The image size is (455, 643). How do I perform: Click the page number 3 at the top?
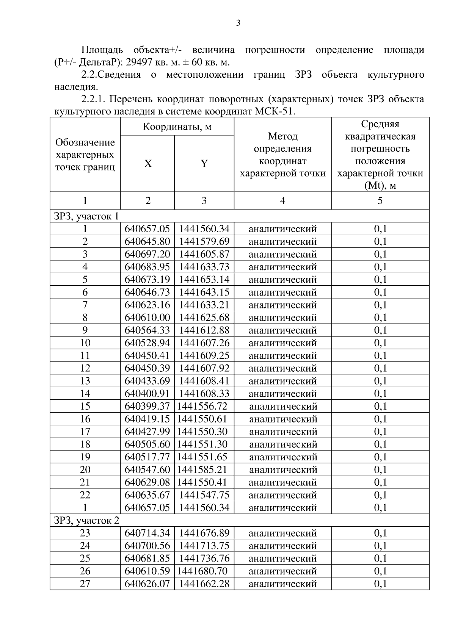238,23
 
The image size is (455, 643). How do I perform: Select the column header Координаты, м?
177,127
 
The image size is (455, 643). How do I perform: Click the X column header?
148,163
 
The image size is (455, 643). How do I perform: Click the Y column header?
204,163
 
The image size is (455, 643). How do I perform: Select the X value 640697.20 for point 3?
147,254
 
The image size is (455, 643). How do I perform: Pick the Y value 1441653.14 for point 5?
204,280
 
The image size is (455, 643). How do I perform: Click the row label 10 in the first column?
85,343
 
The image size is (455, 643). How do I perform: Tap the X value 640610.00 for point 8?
147,318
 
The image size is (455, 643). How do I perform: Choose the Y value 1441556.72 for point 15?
202,406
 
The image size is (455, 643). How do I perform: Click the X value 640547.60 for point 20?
147,470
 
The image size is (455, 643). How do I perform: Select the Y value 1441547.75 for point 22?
204,495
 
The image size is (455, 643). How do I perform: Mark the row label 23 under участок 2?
85,533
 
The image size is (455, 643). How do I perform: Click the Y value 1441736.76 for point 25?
204,559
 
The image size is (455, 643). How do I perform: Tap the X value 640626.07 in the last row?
147,584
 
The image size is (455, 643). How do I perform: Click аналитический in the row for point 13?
282,381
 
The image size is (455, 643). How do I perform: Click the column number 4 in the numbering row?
282,200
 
